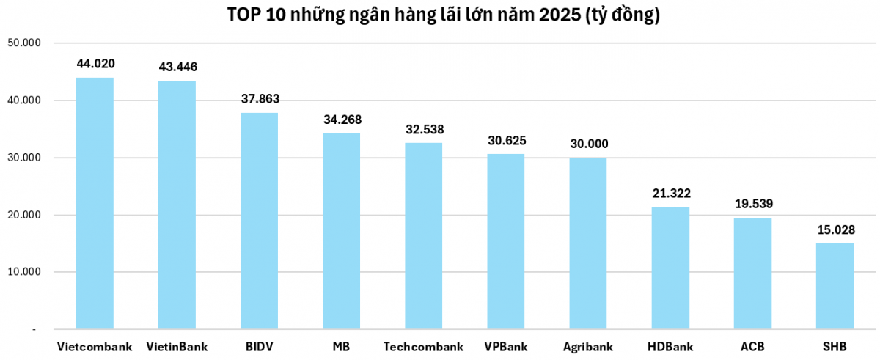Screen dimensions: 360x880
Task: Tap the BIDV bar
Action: tap(260, 221)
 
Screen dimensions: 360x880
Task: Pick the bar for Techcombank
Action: tap(424, 235)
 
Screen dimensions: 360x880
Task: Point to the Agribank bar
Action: tap(588, 243)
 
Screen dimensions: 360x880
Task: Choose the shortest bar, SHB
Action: tap(835, 286)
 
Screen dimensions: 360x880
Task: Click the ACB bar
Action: tap(753, 273)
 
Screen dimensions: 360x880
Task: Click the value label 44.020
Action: tap(95, 65)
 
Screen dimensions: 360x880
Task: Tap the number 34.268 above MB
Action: tap(342, 120)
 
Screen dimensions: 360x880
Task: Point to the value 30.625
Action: tap(507, 141)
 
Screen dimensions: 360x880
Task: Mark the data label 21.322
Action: tap(672, 194)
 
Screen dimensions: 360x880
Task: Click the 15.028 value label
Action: tap(836, 230)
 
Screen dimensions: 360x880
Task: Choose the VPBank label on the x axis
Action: tap(506, 347)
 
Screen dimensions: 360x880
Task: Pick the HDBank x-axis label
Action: tap(671, 347)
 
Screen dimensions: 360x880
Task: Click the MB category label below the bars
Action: tap(342, 347)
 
